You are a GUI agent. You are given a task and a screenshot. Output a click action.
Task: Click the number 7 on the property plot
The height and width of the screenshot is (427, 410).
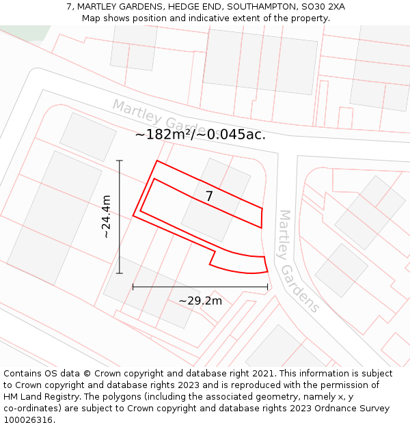(209, 197)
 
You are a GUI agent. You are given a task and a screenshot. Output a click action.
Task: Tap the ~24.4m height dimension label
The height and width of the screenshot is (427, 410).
(106, 217)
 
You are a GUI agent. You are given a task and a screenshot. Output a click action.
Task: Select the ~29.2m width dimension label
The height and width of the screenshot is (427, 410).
(200, 301)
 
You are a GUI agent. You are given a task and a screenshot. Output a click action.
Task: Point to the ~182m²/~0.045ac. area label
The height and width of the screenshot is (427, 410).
(200, 135)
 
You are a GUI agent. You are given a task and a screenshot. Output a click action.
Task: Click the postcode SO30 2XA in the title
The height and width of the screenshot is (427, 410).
(320, 7)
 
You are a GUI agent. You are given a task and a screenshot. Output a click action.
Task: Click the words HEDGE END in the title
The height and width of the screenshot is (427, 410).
(197, 7)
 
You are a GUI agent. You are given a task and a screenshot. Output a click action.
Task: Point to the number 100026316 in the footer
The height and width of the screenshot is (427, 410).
(28, 420)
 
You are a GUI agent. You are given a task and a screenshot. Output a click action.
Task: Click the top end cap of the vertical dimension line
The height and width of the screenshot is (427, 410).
(120, 161)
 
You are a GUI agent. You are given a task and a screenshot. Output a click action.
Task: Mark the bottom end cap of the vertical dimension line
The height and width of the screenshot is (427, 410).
(120, 273)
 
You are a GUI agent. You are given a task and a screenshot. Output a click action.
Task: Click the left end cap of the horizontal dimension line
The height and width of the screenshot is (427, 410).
(133, 287)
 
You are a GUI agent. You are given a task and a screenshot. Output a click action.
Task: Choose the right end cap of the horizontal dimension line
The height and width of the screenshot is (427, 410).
(267, 287)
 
